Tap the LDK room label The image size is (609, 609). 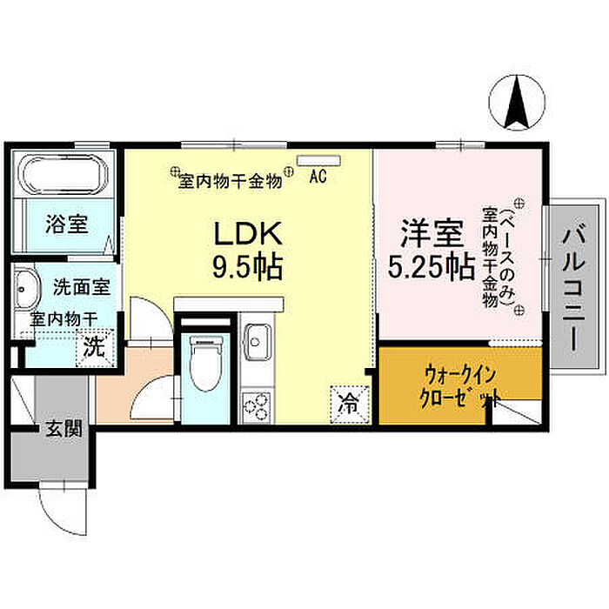tap(247, 233)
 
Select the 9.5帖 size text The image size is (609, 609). tap(247, 266)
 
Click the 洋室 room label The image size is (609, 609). tap(431, 233)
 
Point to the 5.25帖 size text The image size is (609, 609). tap(431, 266)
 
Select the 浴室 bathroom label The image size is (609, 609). tap(67, 224)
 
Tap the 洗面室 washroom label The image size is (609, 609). tap(80, 285)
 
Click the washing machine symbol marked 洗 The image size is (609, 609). tap(93, 347)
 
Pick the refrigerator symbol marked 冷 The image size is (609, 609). tap(348, 403)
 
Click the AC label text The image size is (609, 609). tap(318, 177)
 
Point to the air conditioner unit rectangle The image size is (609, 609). tap(310, 160)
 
